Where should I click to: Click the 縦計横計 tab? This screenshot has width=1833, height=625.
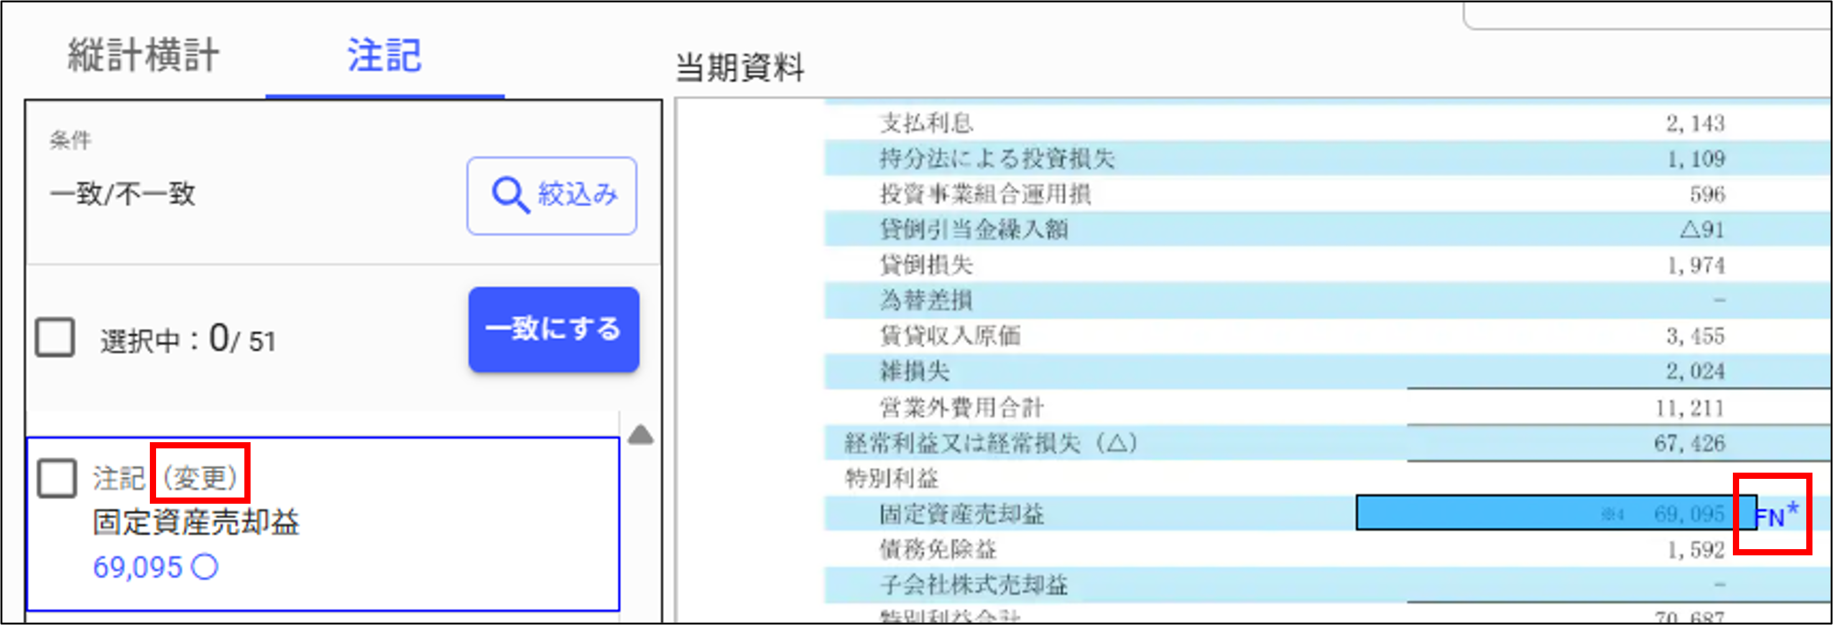click(x=143, y=55)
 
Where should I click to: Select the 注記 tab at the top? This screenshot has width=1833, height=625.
click(x=384, y=55)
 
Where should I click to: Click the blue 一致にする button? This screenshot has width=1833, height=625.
click(x=553, y=329)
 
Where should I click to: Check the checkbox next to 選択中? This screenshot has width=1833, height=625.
click(x=55, y=338)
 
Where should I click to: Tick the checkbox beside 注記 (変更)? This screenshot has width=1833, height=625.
click(x=57, y=478)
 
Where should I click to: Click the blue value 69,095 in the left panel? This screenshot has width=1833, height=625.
click(x=138, y=567)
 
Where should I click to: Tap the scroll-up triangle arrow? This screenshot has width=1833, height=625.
click(x=640, y=434)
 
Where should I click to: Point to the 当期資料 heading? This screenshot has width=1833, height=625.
click(x=739, y=68)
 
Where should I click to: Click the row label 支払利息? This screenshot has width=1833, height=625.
click(x=926, y=123)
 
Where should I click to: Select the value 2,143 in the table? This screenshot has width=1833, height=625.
click(x=1695, y=123)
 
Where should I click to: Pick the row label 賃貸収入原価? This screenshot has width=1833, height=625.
click(x=950, y=335)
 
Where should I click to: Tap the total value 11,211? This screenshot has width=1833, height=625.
click(x=1689, y=408)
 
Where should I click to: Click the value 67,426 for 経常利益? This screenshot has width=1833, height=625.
click(x=1689, y=443)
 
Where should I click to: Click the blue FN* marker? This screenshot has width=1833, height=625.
click(x=1777, y=514)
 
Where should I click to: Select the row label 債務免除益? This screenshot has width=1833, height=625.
click(x=938, y=549)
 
